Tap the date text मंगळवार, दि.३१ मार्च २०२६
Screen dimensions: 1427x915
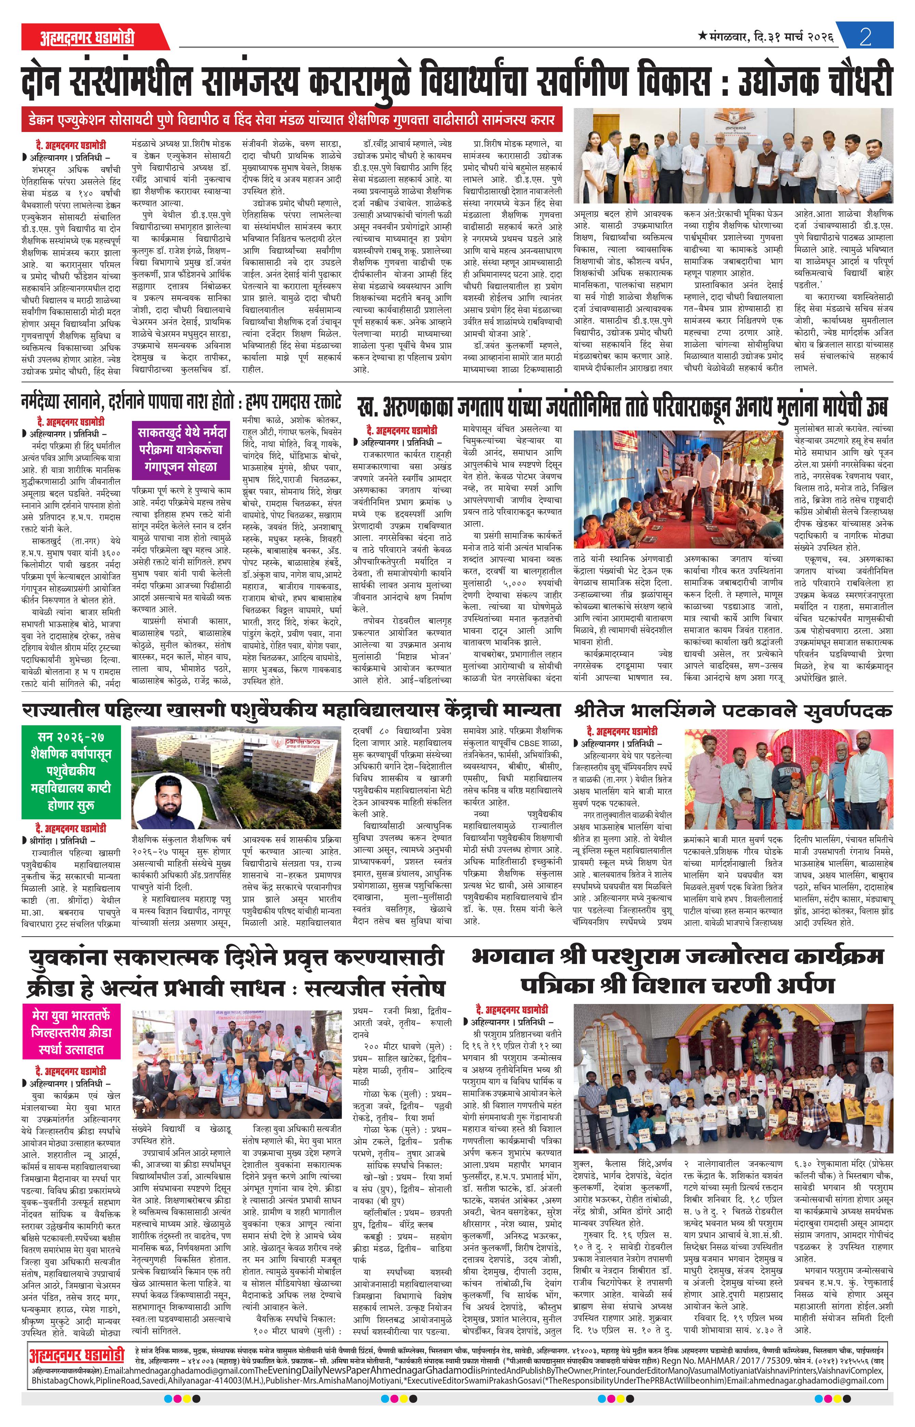tap(766, 37)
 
